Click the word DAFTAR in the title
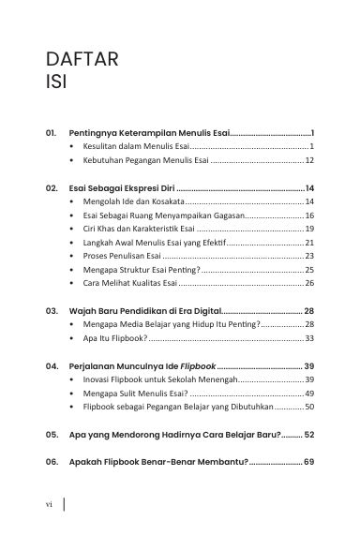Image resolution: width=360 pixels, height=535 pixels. click(x=81, y=62)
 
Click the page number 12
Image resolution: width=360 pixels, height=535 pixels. click(x=308, y=161)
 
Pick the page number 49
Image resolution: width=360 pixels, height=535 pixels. click(x=308, y=394)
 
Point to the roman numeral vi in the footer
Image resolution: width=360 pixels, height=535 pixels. click(x=49, y=503)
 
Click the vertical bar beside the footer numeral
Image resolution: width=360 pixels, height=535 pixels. click(x=64, y=503)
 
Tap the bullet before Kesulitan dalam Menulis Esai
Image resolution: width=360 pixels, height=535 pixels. click(x=73, y=147)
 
